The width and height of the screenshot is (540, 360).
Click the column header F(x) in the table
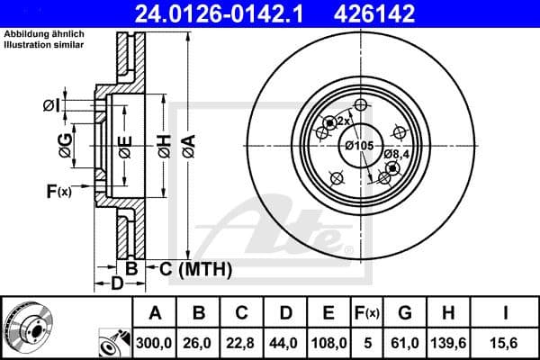(367, 313)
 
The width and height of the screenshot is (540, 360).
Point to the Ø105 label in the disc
(359, 146)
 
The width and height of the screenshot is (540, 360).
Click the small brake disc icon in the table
(22, 329)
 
